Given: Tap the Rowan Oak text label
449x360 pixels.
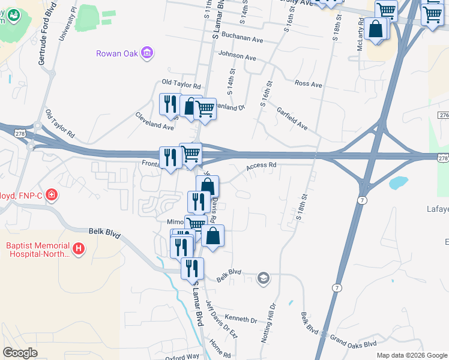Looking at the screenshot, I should coord(116,53).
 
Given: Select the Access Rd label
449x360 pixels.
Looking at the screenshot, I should coord(261,165).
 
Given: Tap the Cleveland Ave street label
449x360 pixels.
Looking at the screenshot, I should coord(154,121).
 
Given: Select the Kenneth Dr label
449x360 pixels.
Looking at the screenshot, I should coord(241,318).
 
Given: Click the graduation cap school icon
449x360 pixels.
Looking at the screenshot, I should coord(263,278).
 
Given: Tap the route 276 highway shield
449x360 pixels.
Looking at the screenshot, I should coord(444,115).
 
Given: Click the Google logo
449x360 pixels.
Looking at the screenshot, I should coord(20,353).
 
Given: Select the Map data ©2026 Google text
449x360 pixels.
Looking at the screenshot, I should coord(411,355).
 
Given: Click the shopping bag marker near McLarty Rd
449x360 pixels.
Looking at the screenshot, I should coord(376,28).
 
